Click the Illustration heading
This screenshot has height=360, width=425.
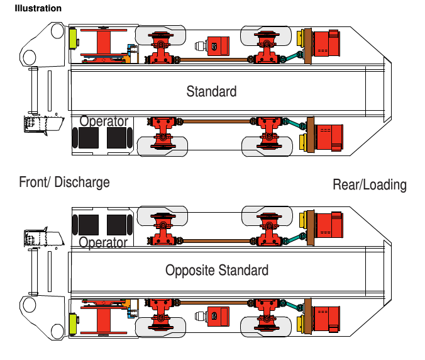[x=38, y=9]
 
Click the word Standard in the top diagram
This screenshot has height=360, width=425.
[x=211, y=91]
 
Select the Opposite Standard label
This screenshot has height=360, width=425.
[x=217, y=271]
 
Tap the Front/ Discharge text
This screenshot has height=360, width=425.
[x=64, y=183]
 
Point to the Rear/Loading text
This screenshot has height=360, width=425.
[x=370, y=185]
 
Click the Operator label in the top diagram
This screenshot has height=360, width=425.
[x=104, y=121]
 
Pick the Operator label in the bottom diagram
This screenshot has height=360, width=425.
[x=104, y=242]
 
